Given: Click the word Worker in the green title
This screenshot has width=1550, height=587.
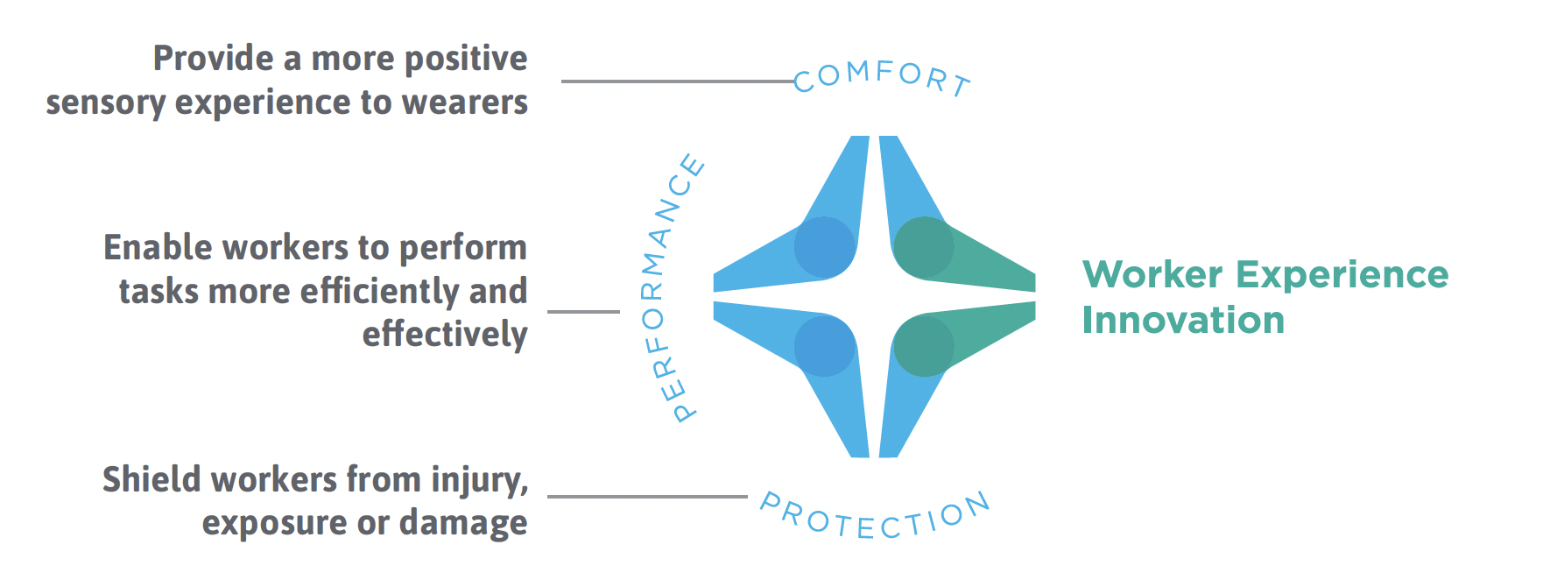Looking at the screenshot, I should (1152, 275).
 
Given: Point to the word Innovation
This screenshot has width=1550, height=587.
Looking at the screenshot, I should (1183, 321).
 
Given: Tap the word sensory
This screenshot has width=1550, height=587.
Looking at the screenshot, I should (105, 103).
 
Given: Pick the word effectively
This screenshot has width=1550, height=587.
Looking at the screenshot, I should (444, 335).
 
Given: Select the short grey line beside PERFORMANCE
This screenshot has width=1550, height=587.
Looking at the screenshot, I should (583, 311).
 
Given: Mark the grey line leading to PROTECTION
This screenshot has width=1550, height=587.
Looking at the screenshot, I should (647, 497).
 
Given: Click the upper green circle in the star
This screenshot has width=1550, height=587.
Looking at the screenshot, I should (923, 248).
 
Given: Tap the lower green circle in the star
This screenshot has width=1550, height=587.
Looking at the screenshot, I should (923, 346).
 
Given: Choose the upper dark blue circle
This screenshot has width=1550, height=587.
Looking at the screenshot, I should (824, 248).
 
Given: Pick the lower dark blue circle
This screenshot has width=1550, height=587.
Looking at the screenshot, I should (824, 346).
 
